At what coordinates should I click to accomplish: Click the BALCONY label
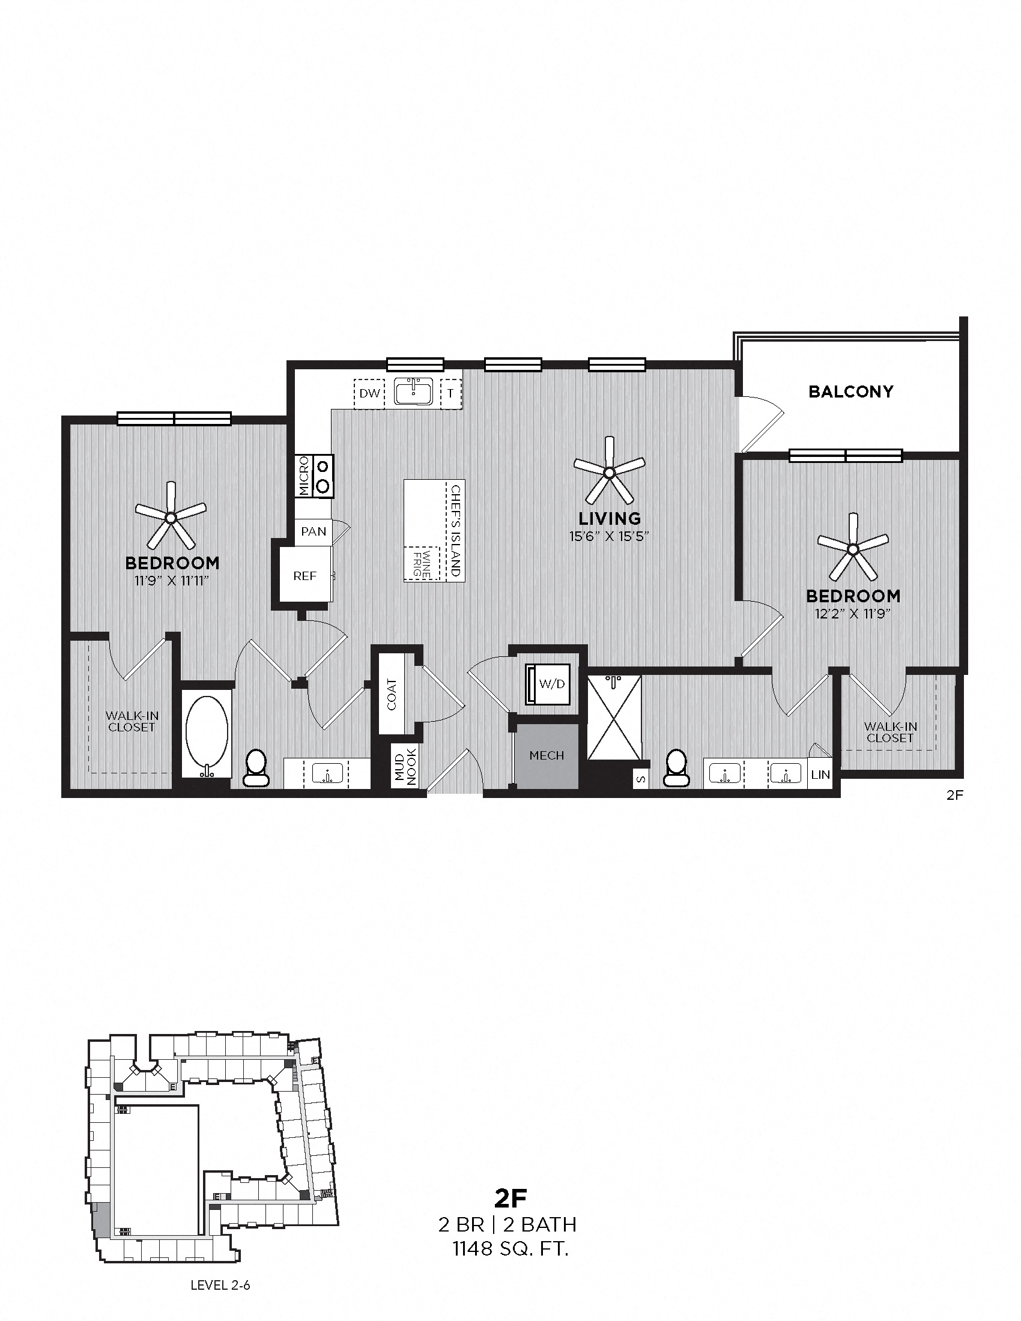(850, 391)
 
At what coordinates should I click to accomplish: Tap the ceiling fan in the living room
(609, 471)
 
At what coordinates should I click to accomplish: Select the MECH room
(546, 755)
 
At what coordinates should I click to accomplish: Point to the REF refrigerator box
(305, 576)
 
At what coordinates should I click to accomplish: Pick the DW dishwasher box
(369, 393)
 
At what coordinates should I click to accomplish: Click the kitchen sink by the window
(414, 392)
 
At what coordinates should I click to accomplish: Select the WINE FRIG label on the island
(421, 564)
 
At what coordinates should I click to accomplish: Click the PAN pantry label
(314, 531)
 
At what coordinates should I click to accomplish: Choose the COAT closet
(392, 694)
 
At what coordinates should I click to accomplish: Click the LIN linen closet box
(820, 775)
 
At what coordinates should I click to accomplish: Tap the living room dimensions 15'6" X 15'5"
(609, 536)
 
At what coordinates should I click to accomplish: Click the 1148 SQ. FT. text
(510, 1245)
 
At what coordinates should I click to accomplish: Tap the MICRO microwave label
(304, 476)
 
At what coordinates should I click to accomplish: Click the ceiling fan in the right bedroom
(853, 549)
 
